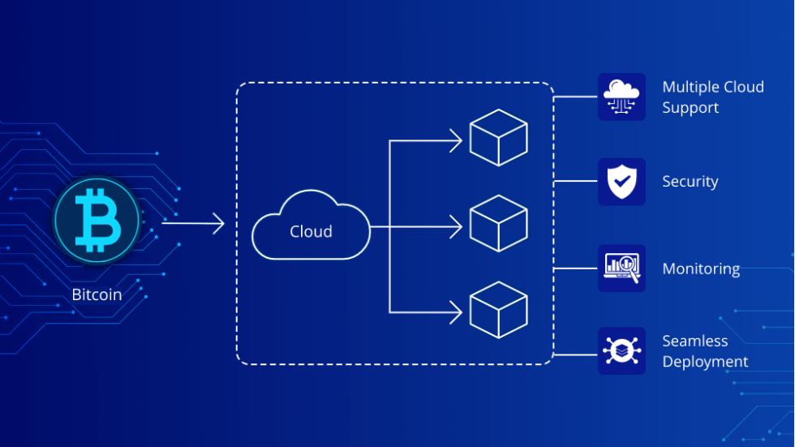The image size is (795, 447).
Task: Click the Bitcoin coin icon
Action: pyautogui.click(x=97, y=220)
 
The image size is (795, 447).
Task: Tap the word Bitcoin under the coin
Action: pyautogui.click(x=97, y=294)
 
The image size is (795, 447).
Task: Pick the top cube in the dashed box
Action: pyautogui.click(x=499, y=137)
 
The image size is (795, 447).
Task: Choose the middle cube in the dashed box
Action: pyautogui.click(x=499, y=223)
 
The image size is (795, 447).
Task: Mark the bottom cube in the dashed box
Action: pyautogui.click(x=499, y=310)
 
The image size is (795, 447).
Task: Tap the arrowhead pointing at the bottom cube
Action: pyautogui.click(x=456, y=312)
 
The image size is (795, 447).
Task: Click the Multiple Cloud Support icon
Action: pyautogui.click(x=621, y=97)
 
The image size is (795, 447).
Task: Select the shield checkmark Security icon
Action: pyautogui.click(x=621, y=182)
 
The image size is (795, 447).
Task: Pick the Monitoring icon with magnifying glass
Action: pyautogui.click(x=621, y=269)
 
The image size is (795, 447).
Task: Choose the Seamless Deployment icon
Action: pyautogui.click(x=621, y=351)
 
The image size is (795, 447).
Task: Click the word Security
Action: pyautogui.click(x=690, y=182)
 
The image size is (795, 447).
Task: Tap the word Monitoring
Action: pyautogui.click(x=701, y=269)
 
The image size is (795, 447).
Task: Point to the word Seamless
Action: pyautogui.click(x=694, y=341)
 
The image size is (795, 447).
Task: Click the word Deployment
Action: pyautogui.click(x=705, y=362)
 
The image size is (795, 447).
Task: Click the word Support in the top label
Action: pyautogui.click(x=690, y=108)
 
